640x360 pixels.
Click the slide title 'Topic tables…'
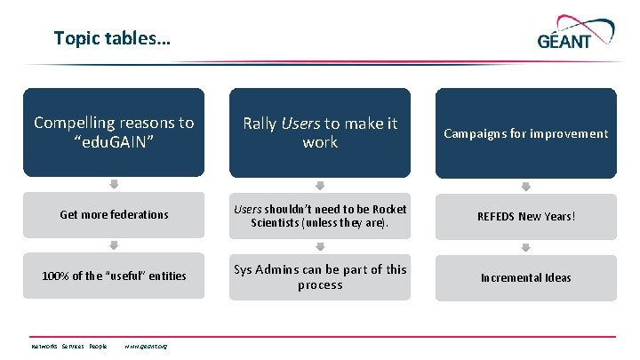(x=113, y=38)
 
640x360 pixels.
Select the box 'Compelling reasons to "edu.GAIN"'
(x=113, y=132)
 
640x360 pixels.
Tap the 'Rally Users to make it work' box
(x=320, y=132)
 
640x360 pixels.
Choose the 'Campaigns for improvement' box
(x=525, y=132)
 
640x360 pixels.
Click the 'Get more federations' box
(x=113, y=215)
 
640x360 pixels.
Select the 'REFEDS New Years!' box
(x=525, y=215)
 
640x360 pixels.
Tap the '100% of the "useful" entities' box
(x=113, y=276)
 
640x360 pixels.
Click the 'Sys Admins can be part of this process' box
(x=320, y=276)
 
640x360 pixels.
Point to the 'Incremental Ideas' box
(x=525, y=276)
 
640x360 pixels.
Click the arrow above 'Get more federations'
(x=113, y=185)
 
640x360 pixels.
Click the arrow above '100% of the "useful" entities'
(x=113, y=246)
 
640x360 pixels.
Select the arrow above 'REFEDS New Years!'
(x=525, y=185)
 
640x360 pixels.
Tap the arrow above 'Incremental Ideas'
(x=525, y=246)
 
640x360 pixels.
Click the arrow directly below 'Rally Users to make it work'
(x=320, y=185)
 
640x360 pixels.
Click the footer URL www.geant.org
(x=147, y=346)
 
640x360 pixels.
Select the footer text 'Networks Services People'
(x=69, y=346)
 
